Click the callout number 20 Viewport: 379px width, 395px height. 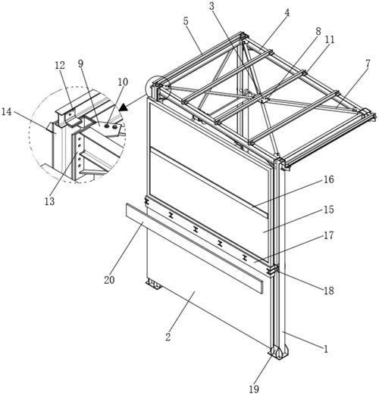[x=109, y=280]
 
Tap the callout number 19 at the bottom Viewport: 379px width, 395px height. [x=254, y=389]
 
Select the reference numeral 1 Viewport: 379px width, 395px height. [x=326, y=349]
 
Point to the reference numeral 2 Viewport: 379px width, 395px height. [x=168, y=337]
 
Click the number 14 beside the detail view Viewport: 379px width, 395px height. [x=7, y=111]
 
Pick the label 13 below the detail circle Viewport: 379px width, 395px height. [x=49, y=201]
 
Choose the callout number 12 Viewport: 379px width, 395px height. [x=60, y=66]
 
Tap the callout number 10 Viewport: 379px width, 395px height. [x=123, y=82]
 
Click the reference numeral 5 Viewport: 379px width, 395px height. [x=186, y=21]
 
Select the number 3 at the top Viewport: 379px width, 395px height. [x=211, y=7]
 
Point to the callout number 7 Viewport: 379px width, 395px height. [x=368, y=64]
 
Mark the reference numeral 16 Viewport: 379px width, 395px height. [x=329, y=179]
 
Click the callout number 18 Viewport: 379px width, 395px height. [x=329, y=291]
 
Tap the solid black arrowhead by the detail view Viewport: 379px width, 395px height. [x=124, y=107]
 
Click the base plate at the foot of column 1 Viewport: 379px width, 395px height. [x=278, y=353]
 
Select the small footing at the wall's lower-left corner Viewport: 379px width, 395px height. [x=153, y=285]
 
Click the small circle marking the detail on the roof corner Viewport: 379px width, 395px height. [x=158, y=90]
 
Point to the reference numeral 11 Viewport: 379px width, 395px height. [x=330, y=39]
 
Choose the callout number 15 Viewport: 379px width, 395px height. [x=329, y=210]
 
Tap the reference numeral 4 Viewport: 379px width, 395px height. [x=287, y=13]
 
